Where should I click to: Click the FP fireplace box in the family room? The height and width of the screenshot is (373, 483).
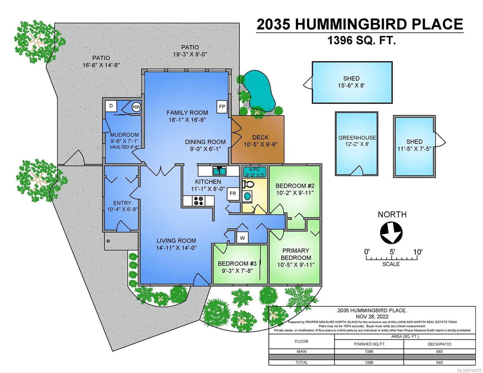(222, 107)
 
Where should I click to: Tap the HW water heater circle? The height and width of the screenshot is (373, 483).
(136, 107)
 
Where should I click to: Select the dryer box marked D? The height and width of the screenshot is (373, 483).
(111, 106)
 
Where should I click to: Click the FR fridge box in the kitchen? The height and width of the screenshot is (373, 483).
(233, 194)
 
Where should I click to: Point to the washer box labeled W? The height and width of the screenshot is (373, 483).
(242, 238)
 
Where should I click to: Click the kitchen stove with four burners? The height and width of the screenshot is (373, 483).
(198, 201)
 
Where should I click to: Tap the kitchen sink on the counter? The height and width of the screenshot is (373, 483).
(220, 171)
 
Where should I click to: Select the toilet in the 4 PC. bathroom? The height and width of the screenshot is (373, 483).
(248, 184)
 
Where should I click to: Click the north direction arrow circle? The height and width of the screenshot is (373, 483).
(391, 233)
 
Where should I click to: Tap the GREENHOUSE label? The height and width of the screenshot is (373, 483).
(357, 138)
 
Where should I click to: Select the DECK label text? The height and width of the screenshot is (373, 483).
(261, 137)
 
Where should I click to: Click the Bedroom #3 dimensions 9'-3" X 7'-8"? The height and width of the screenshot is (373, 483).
(237, 271)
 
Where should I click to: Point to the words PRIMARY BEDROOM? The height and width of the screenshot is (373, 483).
(296, 254)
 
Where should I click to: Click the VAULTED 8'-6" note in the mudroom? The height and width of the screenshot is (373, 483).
(124, 147)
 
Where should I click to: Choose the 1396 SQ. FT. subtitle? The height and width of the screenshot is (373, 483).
(362, 40)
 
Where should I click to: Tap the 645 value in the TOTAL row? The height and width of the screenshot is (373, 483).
(439, 362)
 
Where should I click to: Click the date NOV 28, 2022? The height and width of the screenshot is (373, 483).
(372, 316)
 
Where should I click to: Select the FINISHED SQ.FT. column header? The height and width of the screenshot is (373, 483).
(369, 344)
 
